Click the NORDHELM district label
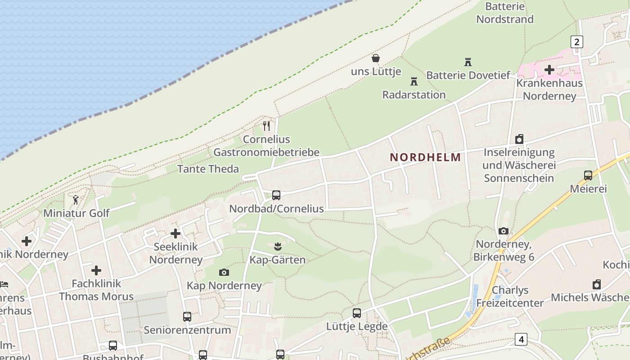425,157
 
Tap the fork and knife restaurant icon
267,126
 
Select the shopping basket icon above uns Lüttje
375,58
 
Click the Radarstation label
414,94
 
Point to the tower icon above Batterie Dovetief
468,62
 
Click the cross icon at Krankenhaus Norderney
549,70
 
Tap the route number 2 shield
576,42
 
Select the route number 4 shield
521,339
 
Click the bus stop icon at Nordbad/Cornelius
276,195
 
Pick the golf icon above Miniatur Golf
76,199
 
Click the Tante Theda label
208,169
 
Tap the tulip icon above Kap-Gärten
277,246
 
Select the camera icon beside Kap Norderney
224,272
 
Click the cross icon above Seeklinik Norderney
175,234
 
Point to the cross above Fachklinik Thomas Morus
96,270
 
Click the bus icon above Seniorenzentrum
187,316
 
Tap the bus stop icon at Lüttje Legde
357,313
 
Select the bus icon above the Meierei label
588,175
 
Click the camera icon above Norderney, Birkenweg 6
504,231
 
